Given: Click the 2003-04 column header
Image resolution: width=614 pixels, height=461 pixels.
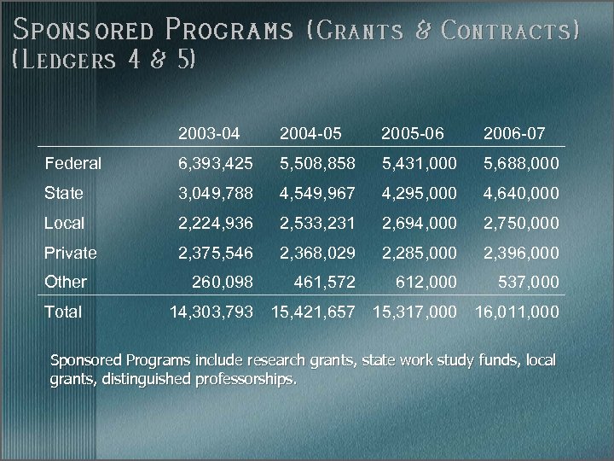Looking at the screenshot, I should [x=209, y=133].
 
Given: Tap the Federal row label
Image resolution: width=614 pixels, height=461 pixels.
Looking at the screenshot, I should [x=72, y=163].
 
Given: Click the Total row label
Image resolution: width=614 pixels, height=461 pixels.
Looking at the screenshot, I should [x=64, y=312].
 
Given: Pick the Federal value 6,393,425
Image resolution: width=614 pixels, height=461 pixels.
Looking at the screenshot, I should [x=216, y=163].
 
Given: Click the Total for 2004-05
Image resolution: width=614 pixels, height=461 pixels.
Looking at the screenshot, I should [x=312, y=312].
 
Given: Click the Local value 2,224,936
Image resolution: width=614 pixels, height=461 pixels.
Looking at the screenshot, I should [x=216, y=223].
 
